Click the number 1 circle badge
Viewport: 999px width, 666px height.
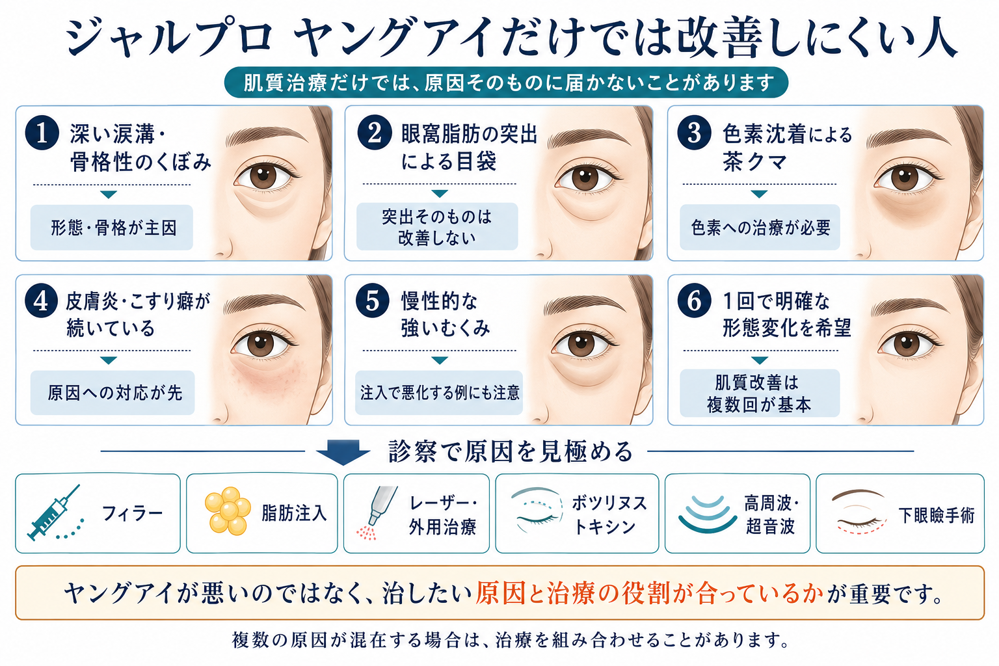(x=42, y=133)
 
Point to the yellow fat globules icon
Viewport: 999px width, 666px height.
(x=228, y=511)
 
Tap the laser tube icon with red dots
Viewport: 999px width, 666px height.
(x=376, y=512)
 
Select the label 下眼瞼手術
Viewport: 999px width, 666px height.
(x=936, y=515)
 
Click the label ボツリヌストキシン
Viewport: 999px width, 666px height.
(x=609, y=514)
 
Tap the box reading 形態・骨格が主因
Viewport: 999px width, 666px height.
(x=111, y=228)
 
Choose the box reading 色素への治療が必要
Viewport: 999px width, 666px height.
(x=760, y=228)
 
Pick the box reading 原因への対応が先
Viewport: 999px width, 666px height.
(x=113, y=393)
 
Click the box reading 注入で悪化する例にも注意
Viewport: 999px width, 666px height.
(x=439, y=393)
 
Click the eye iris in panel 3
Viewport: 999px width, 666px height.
(x=905, y=178)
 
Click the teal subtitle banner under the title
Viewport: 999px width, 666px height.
(x=506, y=83)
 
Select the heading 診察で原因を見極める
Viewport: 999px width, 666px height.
(x=511, y=451)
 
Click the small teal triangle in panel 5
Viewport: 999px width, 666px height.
(x=440, y=360)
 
